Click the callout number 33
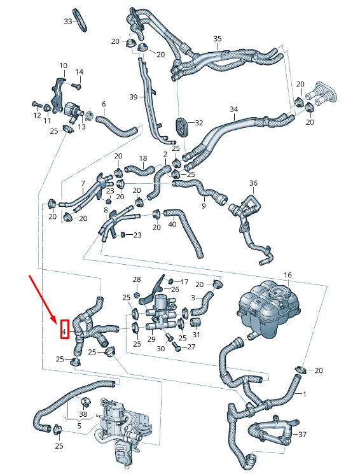(68, 21)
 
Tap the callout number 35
(218, 39)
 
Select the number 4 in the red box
(64, 332)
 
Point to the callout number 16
(287, 275)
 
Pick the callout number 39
(134, 97)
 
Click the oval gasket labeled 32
(181, 125)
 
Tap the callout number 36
(253, 183)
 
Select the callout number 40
(172, 225)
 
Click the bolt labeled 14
(77, 86)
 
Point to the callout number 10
(63, 66)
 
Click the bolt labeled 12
(36, 105)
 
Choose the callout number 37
(302, 435)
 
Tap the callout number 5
(79, 426)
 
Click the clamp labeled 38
(85, 402)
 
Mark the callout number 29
(151, 339)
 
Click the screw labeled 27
(176, 346)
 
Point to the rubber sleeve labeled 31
(197, 323)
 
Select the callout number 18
(143, 158)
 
